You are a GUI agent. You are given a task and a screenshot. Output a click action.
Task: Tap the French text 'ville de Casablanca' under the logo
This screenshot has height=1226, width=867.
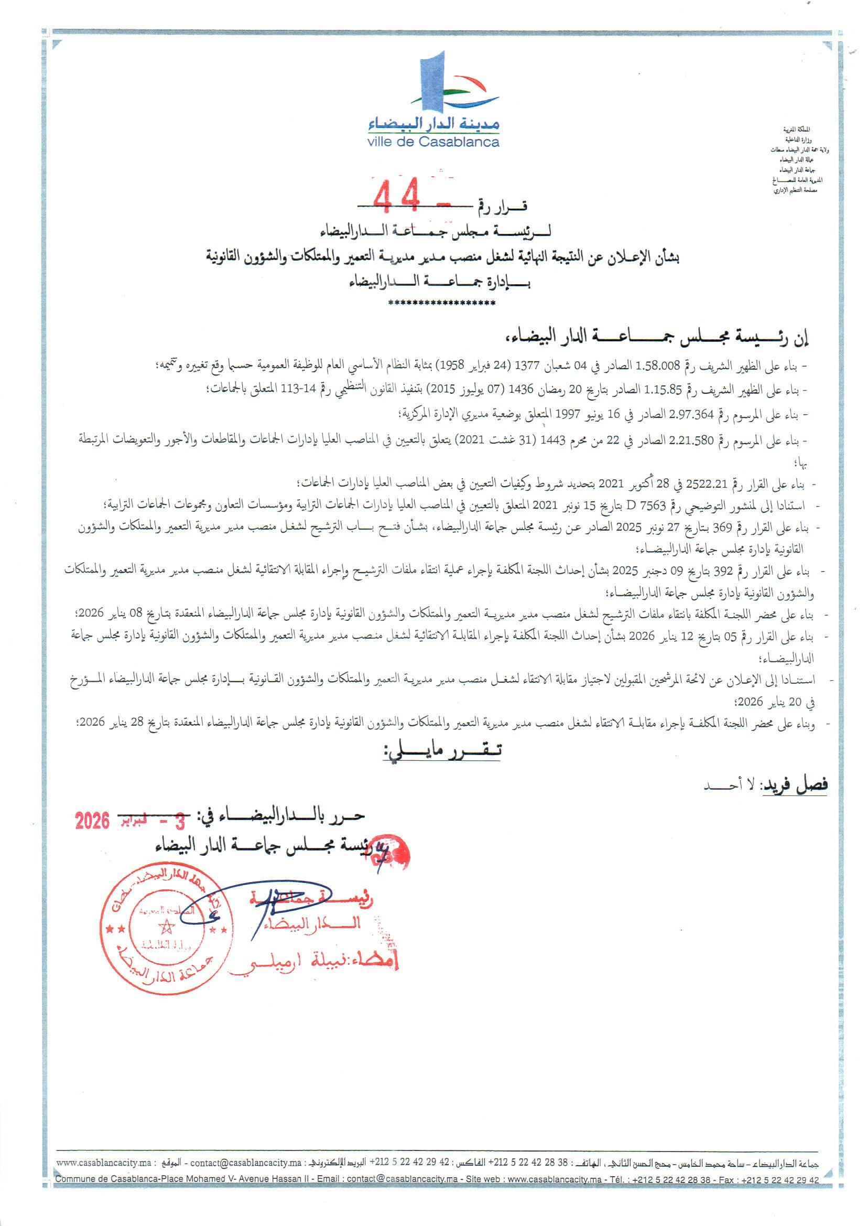point(433,143)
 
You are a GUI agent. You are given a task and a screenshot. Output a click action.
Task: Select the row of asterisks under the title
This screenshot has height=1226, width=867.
point(441,303)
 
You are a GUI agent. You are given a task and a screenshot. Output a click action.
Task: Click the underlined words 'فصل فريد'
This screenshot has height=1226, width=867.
point(798,784)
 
